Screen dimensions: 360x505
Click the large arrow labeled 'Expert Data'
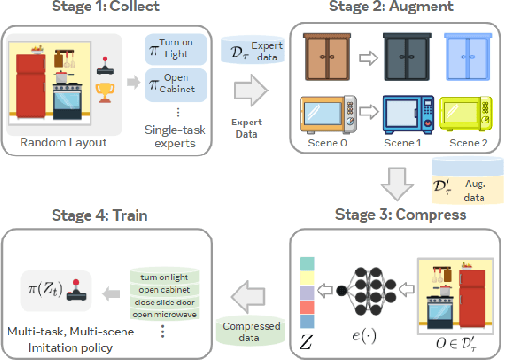tap(248, 93)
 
